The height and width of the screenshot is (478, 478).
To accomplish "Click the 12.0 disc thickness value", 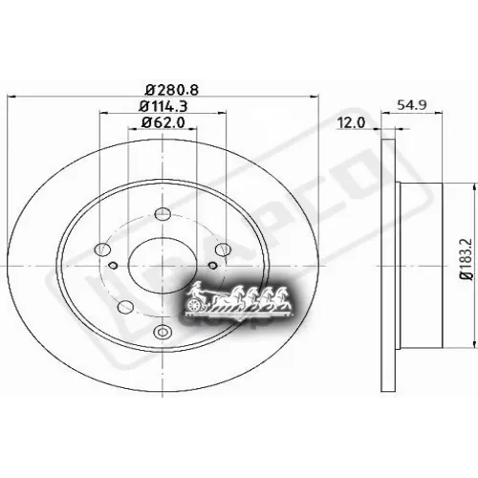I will click(x=351, y=122).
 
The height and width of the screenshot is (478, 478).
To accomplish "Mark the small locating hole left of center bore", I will click(x=112, y=266).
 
